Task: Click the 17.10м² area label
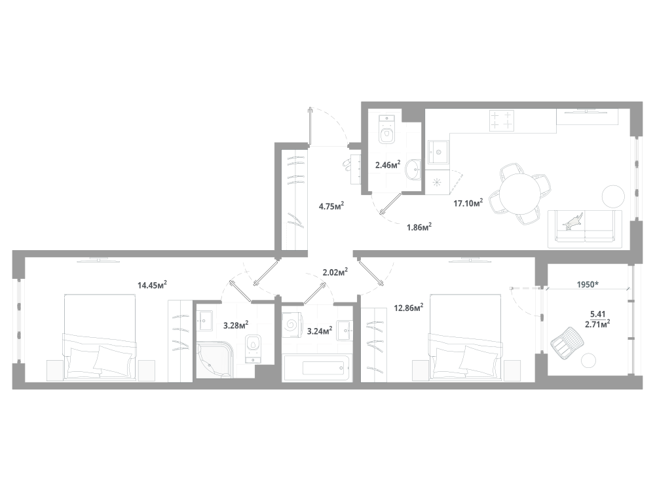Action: (468, 203)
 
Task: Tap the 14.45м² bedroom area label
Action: (152, 284)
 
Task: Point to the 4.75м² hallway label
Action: (331, 206)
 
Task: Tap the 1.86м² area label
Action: (419, 227)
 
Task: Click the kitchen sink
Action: (437, 153)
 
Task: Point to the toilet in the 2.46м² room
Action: (388, 129)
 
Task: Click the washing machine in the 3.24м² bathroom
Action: (291, 323)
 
